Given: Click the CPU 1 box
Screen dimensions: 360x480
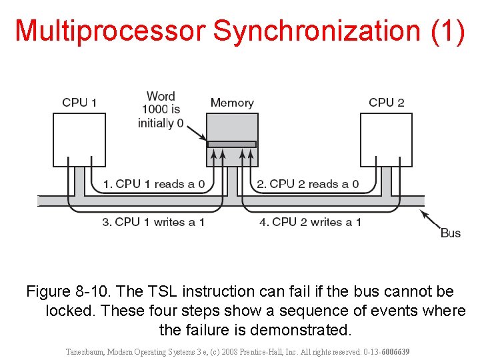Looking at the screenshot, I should (x=79, y=139).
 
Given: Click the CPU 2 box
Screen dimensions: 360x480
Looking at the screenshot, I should (x=387, y=139).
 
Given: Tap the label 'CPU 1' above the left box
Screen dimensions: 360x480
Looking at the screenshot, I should (x=79, y=103).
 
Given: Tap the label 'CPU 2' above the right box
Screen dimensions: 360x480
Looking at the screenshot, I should (x=387, y=103).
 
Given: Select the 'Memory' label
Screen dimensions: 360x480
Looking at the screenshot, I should (x=232, y=103).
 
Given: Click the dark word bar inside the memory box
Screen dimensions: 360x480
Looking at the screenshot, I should (x=232, y=144).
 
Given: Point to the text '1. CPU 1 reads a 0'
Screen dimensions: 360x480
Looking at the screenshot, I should (x=153, y=184).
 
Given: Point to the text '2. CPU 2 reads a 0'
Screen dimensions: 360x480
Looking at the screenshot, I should (x=307, y=184).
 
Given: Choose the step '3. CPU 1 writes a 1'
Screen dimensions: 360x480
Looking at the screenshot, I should (x=153, y=222).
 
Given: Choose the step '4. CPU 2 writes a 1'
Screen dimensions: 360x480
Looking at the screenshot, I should (x=310, y=222).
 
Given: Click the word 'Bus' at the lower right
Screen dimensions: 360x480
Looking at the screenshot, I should (x=451, y=233).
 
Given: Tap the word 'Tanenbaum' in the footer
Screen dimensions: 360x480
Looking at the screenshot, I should (x=89, y=351).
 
